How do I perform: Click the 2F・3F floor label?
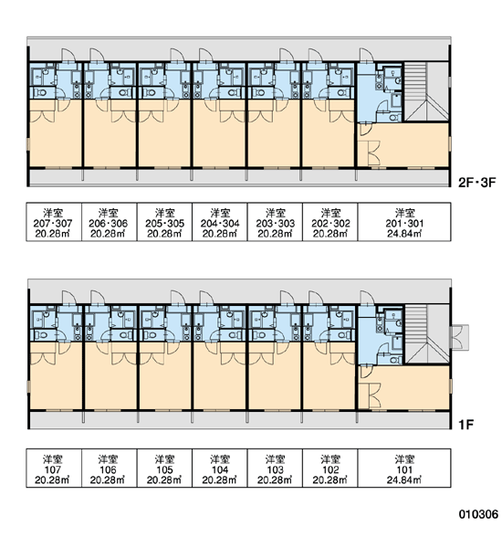(476, 183)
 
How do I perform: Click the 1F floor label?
(465, 425)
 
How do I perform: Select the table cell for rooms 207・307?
(54, 222)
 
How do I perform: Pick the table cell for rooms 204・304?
(220, 222)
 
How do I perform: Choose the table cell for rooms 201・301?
(404, 222)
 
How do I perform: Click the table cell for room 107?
(54, 468)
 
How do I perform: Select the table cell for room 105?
(164, 468)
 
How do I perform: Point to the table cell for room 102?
(330, 468)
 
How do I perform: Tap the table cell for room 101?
(404, 468)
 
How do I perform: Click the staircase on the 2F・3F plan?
(426, 92)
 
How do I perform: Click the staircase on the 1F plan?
(426, 334)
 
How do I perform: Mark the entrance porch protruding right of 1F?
(460, 337)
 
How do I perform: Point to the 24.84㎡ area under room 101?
(404, 479)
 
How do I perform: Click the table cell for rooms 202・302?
(330, 222)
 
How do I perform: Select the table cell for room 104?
(220, 468)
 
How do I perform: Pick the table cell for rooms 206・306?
(110, 222)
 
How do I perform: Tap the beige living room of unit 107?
(56, 381)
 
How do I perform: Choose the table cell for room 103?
(275, 468)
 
